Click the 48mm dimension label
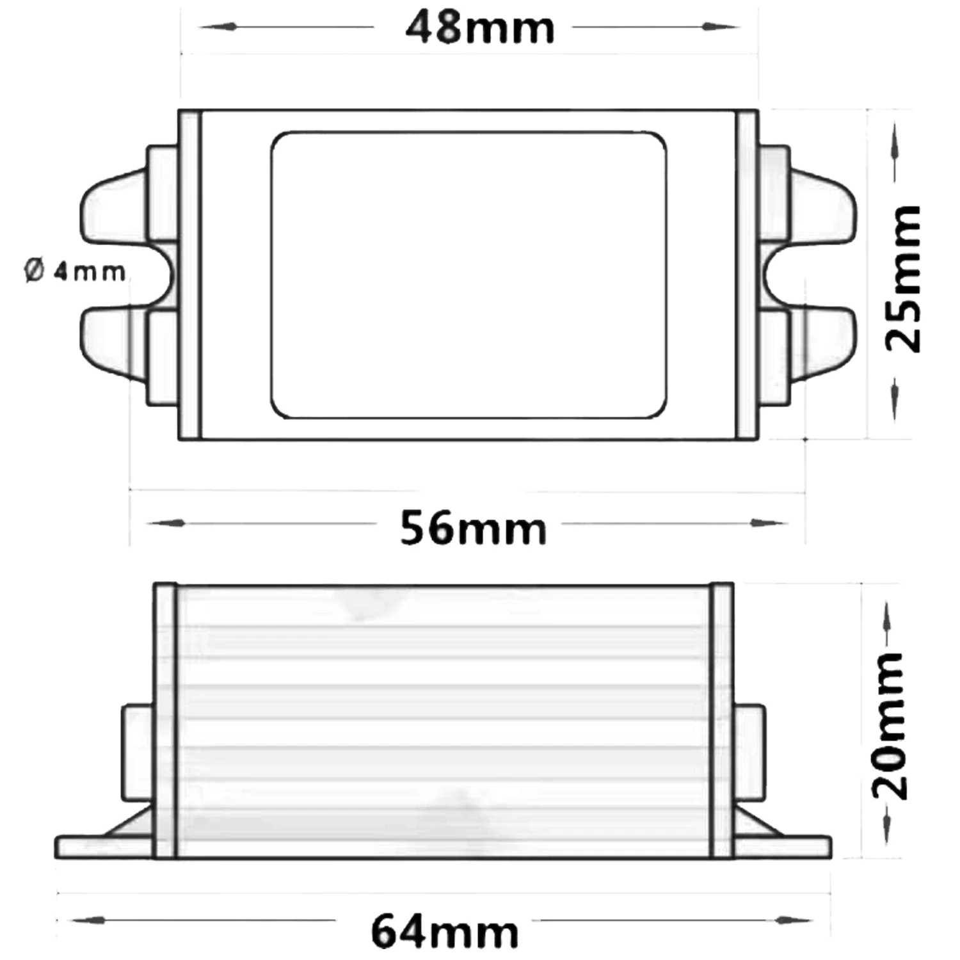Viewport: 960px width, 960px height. tap(480, 29)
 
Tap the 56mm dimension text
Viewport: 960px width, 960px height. tap(474, 529)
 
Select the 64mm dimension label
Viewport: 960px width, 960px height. tap(445, 932)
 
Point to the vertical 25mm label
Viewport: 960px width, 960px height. tap(903, 278)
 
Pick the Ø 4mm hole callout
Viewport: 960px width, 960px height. tap(76, 272)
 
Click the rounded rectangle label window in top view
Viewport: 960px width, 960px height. tap(468, 275)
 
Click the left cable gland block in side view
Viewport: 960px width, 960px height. tap(138, 752)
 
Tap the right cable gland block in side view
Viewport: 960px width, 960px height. tap(749, 752)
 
